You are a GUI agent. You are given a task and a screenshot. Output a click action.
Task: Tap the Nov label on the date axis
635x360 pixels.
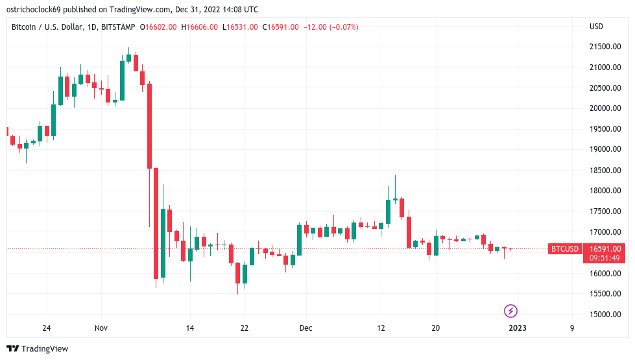(101, 328)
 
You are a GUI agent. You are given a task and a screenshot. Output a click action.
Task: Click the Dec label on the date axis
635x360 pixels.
(306, 328)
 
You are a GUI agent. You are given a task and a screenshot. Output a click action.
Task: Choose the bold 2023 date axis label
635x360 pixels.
(517, 328)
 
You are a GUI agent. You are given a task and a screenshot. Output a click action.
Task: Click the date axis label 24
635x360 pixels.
(46, 328)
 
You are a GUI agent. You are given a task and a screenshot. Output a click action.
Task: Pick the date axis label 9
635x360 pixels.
(572, 328)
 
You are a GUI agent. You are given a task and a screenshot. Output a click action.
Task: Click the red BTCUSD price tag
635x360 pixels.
(564, 248)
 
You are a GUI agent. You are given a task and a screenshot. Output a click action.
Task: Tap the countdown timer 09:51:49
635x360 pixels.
(603, 258)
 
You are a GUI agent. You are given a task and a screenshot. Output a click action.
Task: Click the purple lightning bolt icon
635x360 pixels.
(510, 311)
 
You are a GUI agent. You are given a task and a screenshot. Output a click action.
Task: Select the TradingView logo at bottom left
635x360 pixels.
(37, 348)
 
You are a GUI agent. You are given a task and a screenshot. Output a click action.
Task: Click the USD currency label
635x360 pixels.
(596, 27)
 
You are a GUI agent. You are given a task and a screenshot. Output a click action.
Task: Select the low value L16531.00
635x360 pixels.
(240, 27)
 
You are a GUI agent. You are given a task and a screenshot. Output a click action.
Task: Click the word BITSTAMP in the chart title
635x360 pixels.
(119, 27)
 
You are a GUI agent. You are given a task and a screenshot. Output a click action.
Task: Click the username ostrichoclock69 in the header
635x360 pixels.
(38, 10)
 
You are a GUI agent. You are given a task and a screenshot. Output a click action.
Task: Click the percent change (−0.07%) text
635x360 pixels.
(343, 27)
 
